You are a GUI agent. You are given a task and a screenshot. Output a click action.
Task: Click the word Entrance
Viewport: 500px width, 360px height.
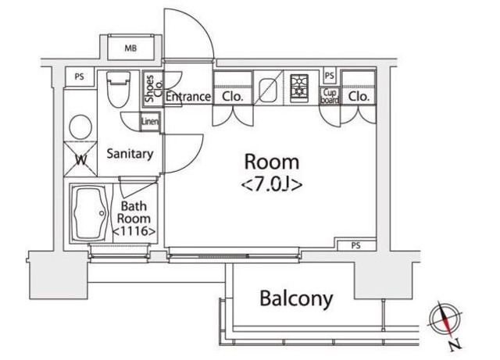[x=187, y=97]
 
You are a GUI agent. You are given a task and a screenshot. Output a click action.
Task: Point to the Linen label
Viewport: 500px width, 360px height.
[x=150, y=122]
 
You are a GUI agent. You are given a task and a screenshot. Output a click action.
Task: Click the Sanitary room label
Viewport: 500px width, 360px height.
[x=129, y=154]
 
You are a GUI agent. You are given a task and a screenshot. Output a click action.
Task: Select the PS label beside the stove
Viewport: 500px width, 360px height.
[x=329, y=76]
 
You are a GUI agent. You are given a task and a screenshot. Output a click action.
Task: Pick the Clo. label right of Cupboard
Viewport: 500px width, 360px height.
[x=359, y=97]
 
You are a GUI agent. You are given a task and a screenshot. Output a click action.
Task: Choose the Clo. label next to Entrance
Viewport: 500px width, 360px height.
[x=233, y=97]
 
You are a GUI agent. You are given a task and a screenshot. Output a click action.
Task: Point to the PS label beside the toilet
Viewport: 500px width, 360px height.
[x=79, y=77]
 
